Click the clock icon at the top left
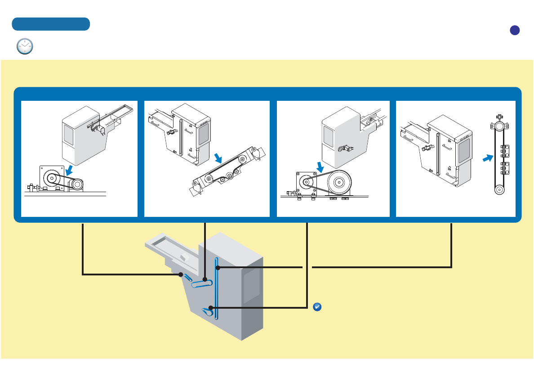coord(25,46)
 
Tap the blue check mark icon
coord(316,307)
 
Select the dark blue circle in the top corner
coord(515,30)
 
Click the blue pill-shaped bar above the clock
coord(51,24)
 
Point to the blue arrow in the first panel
coord(70,170)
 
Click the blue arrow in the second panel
coord(219,158)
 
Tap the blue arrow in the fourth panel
coord(487,158)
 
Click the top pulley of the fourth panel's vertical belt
coord(498,128)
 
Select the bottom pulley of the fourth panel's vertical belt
coord(498,189)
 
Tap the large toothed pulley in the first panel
coord(52,178)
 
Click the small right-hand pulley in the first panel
coord(77,184)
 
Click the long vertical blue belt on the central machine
coord(217,288)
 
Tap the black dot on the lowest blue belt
coord(210,308)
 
